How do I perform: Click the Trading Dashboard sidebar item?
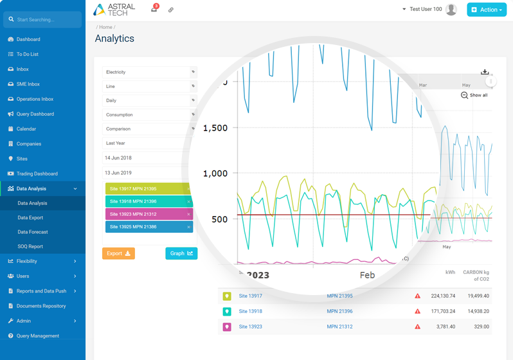coord(37,174)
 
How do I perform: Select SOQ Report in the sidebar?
coord(30,246)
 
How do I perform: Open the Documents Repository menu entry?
coord(41,306)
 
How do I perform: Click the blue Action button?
coord(487,10)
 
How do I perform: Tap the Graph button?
coord(181,253)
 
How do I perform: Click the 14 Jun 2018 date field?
coord(145,157)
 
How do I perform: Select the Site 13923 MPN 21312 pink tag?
coord(147,214)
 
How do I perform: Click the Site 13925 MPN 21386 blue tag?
coord(147,227)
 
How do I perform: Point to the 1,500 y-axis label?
coord(215,128)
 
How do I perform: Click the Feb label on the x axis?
coord(367,274)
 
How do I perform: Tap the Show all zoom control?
coord(474,95)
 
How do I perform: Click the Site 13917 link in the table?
coord(250,296)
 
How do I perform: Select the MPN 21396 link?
coord(339,311)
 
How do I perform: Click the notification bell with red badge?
coord(154,9)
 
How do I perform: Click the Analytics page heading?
coord(114,39)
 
